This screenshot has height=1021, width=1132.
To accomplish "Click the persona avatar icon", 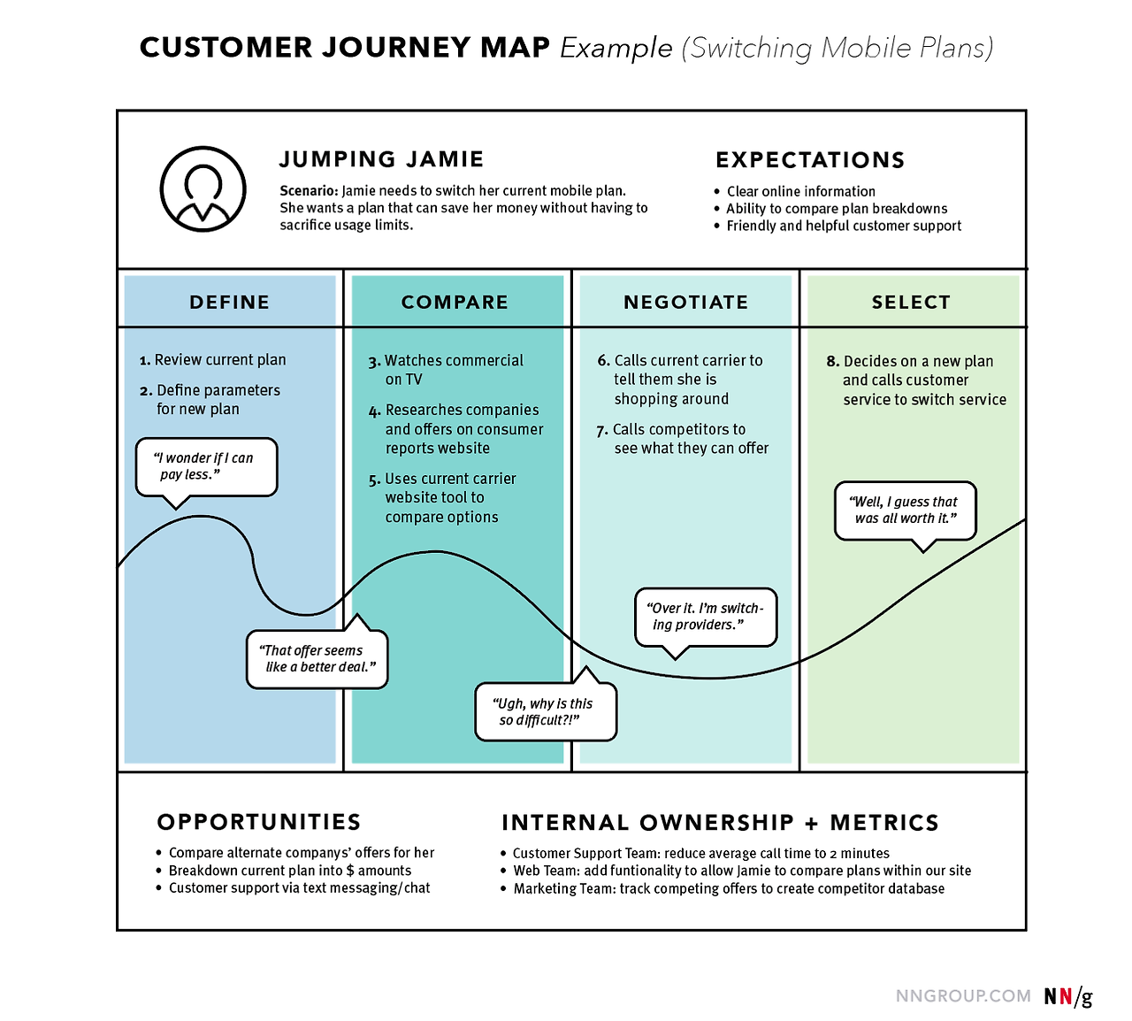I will (x=203, y=189).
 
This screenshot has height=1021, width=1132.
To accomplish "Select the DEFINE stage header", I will (x=229, y=302).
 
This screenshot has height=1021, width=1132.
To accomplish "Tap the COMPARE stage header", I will (x=455, y=302).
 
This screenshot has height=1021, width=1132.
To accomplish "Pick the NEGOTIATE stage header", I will (x=685, y=302).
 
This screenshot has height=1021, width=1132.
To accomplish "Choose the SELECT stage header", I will (x=911, y=302).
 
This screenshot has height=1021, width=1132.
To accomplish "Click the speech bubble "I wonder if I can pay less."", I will (x=206, y=466).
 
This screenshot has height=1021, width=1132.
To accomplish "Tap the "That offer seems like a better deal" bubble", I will (x=317, y=658).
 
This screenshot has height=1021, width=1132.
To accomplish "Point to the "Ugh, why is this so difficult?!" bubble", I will (x=545, y=711).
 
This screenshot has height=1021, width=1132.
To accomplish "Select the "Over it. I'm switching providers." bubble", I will (x=706, y=617).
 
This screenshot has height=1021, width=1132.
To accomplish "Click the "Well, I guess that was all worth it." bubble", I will (x=905, y=510).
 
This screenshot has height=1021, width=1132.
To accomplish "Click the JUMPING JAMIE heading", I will (x=381, y=159).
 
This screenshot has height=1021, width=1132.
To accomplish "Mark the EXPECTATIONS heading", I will (x=810, y=160).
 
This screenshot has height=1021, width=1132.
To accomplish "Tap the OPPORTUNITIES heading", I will (x=259, y=822).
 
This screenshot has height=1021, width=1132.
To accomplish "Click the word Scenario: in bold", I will (x=309, y=191).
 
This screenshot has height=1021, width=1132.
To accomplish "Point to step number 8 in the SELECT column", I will (x=832, y=361).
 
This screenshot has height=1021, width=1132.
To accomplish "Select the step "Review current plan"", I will (x=219, y=360).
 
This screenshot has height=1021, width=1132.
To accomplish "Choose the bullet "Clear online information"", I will (x=800, y=191).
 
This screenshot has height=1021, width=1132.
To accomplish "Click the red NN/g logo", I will (x=1067, y=996).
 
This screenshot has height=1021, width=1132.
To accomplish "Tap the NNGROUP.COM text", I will (x=963, y=996).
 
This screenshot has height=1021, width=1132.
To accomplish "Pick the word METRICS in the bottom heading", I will (x=884, y=823).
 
